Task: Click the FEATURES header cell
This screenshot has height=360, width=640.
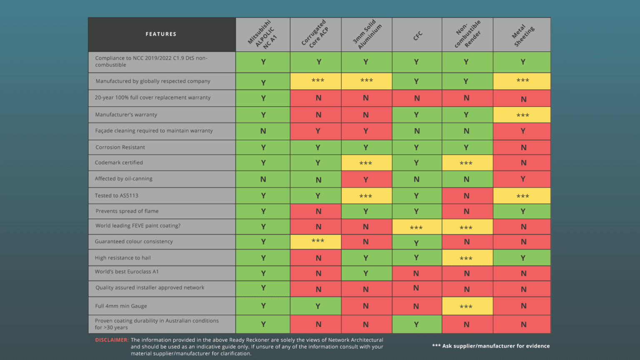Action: tap(161, 34)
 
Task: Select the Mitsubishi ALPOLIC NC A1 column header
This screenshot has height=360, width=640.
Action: tap(262, 35)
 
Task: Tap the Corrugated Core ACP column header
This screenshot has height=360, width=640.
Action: tap(315, 35)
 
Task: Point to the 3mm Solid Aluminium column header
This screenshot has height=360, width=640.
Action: tap(367, 35)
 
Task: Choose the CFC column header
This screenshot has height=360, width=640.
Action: tap(417, 35)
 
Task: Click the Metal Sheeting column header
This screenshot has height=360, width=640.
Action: tap(522, 35)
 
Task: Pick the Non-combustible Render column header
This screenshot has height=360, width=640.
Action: tap(467, 35)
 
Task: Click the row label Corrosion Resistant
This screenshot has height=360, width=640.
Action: tap(120, 147)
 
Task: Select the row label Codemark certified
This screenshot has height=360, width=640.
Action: tap(119, 162)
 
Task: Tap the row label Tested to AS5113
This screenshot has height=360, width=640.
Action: tap(117, 196)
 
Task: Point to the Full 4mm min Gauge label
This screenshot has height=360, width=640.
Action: tap(121, 306)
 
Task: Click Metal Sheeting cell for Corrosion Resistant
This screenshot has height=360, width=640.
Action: tap(522, 147)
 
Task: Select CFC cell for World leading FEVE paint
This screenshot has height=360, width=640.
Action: tap(417, 227)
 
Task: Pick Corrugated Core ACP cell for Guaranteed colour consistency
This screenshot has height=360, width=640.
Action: tap(315, 242)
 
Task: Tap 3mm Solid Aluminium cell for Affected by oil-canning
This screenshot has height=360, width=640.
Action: tap(367, 179)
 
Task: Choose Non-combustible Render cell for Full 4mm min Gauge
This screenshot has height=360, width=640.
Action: tap(467, 306)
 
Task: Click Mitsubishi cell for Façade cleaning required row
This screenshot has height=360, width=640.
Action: tap(262, 131)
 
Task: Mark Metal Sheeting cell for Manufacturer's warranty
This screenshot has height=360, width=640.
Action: tap(522, 115)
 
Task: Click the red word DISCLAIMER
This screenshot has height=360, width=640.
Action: tap(112, 340)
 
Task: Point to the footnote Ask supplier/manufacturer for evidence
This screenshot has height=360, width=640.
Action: tap(491, 346)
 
